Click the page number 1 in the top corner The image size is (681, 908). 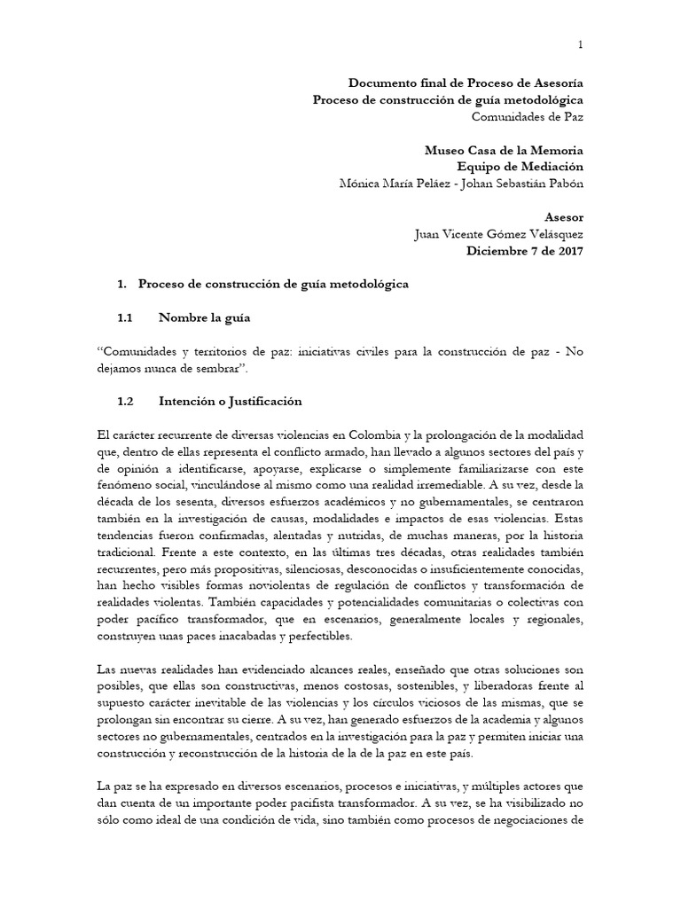tap(581, 44)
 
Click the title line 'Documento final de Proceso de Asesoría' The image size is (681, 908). tap(466, 82)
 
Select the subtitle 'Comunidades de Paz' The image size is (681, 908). tap(527, 116)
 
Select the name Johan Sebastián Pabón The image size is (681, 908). tap(521, 184)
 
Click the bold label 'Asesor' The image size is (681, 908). tap(564, 217)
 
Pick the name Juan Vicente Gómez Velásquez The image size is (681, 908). tap(499, 234)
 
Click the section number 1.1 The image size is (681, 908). tap(125, 317)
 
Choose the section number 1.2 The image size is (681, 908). tap(125, 402)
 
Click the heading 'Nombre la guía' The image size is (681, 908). tap(204, 317)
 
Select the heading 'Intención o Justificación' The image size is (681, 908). tap(231, 402)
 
